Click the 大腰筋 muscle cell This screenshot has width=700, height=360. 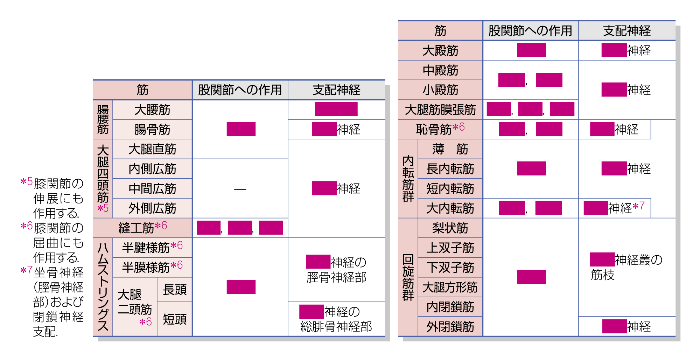(152, 110)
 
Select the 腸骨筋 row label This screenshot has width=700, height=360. (152, 130)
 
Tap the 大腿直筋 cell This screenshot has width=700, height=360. (152, 149)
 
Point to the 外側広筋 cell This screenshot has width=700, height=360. (152, 208)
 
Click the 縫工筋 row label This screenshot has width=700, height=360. (142, 228)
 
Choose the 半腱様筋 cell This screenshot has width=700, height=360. (152, 248)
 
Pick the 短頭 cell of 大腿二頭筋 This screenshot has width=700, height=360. (175, 319)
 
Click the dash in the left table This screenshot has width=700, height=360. (240, 189)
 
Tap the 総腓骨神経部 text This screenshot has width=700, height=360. (336, 327)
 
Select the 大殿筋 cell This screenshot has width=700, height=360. (440, 50)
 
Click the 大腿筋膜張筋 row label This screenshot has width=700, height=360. (440, 110)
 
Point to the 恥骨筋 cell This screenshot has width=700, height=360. (440, 129)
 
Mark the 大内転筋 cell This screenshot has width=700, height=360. (450, 208)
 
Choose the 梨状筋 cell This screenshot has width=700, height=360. (450, 228)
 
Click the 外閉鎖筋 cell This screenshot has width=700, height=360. (450, 327)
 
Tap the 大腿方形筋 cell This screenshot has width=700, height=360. (450, 287)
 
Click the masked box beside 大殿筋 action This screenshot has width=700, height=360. (531, 50)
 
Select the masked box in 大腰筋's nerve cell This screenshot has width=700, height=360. (336, 109)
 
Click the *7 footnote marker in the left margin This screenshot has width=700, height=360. (26, 270)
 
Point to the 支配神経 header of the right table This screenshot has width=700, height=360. (626, 31)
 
